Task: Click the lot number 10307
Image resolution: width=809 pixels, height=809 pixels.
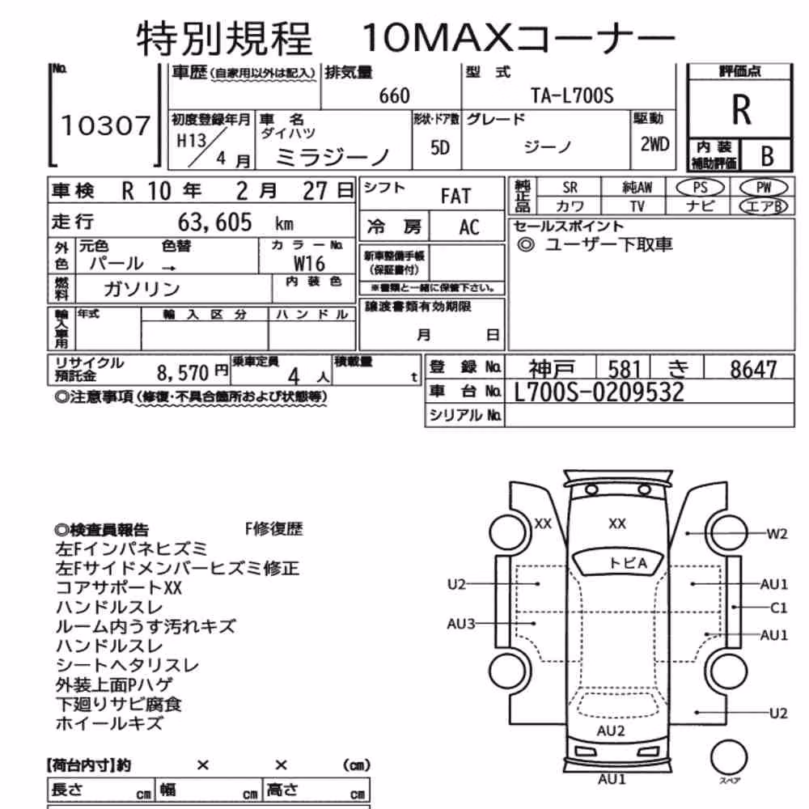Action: coord(105,126)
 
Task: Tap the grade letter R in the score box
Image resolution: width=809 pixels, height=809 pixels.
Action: coord(741,110)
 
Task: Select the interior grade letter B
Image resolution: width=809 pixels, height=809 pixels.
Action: coord(767,156)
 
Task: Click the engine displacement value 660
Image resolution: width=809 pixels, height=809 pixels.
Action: coord(394,96)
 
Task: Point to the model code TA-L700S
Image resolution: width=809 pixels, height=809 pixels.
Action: coord(572,95)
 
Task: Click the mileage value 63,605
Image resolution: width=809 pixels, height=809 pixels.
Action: coord(214,222)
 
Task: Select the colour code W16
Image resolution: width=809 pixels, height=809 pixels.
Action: coord(309,264)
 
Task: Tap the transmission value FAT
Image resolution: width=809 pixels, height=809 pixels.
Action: coord(455,196)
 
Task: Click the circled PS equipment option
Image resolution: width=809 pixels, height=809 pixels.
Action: coord(700,188)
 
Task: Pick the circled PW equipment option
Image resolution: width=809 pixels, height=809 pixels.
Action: coord(764,188)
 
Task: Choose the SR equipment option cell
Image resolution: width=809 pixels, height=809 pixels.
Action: coord(570,188)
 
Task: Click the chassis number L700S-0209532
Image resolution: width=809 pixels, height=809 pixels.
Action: coord(599,392)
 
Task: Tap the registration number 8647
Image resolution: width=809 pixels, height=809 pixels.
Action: coord(752,369)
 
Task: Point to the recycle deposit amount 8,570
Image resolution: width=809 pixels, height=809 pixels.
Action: coord(183,372)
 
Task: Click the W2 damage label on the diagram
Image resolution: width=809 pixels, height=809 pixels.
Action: coord(777,534)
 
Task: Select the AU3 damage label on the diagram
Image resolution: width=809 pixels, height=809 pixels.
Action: coord(461,624)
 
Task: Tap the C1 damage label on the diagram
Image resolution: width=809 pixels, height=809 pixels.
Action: coord(778,608)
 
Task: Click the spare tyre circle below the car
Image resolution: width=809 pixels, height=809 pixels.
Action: coord(729,757)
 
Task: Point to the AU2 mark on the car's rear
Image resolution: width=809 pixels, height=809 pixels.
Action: coord(611,731)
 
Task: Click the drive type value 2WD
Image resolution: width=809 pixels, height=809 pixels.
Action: coord(654,144)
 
